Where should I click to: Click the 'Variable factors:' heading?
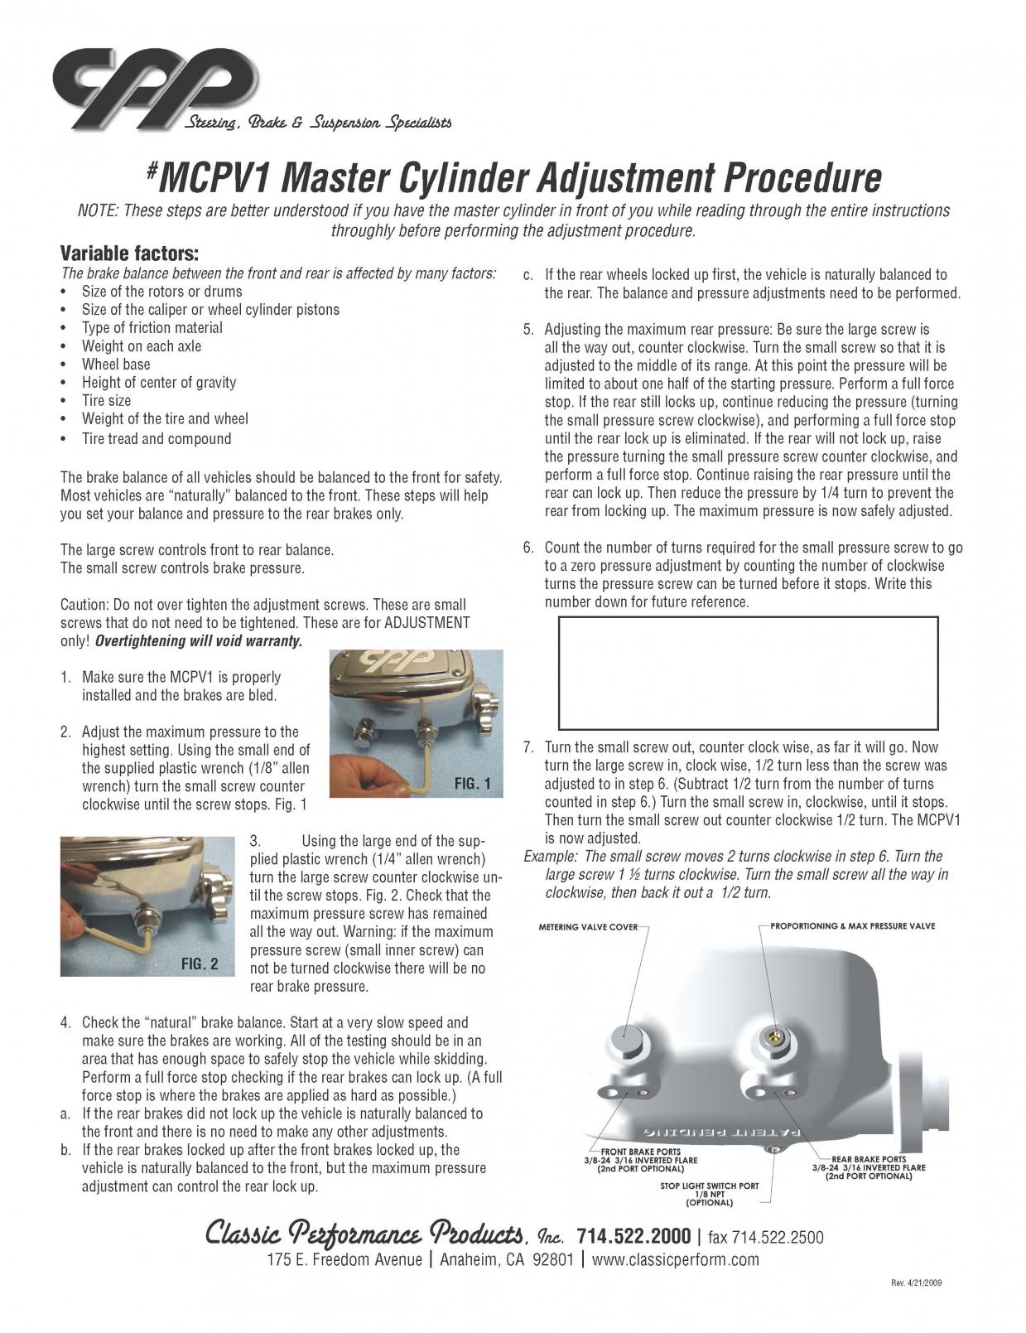pos(129,253)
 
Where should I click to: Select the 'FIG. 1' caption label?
pos(472,784)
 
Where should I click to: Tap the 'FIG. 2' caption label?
pos(200,964)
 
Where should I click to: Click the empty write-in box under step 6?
pos(749,672)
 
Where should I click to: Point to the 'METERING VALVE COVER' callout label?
pos(588,926)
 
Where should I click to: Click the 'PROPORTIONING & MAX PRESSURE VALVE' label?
pos(852,925)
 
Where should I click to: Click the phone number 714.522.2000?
pos(633,1237)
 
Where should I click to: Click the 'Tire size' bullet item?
pos(106,401)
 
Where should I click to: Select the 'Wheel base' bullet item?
pos(116,365)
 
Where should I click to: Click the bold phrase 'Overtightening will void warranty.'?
pos(199,641)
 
